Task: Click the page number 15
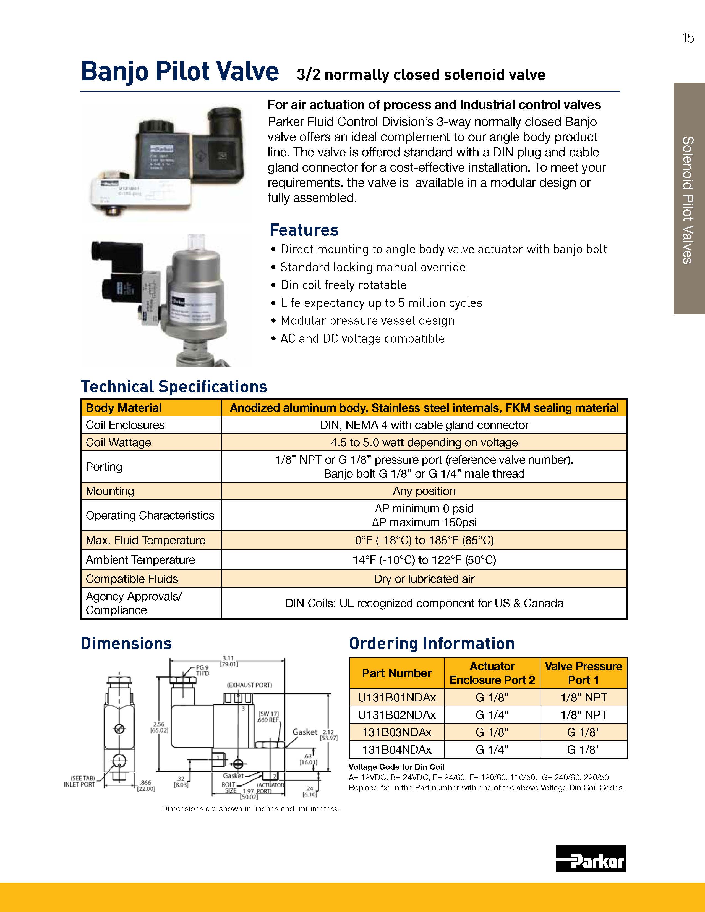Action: (x=688, y=38)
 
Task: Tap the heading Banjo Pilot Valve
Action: (x=180, y=71)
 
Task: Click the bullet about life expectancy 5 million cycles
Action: (x=381, y=303)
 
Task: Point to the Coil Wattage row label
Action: (x=118, y=442)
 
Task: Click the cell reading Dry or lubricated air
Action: (x=424, y=579)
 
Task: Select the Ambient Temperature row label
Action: (x=140, y=560)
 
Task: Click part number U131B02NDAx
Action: (x=397, y=715)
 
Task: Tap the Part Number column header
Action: (x=396, y=673)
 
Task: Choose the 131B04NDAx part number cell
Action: (x=397, y=749)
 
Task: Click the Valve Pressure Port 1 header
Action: (x=583, y=673)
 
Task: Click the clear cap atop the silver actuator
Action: (x=196, y=242)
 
